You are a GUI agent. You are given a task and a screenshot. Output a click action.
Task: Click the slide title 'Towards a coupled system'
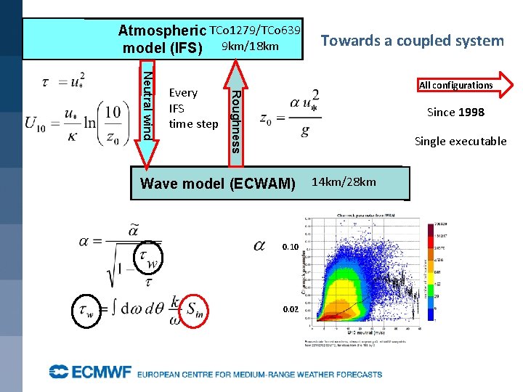(412, 41)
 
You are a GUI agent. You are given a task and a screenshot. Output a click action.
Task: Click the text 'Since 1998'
(455, 112)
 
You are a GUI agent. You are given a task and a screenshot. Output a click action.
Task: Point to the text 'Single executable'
(460, 141)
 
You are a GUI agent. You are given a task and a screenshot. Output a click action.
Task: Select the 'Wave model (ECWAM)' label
(218, 184)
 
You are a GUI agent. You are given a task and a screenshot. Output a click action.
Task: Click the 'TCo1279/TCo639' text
(255, 30)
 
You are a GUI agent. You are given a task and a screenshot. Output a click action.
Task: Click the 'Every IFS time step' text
(192, 108)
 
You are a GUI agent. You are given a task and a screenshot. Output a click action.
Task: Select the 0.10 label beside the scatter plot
(289, 247)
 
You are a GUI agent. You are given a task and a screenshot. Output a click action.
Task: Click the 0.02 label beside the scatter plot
(289, 309)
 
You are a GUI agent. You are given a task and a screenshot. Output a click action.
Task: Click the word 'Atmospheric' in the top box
(162, 31)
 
